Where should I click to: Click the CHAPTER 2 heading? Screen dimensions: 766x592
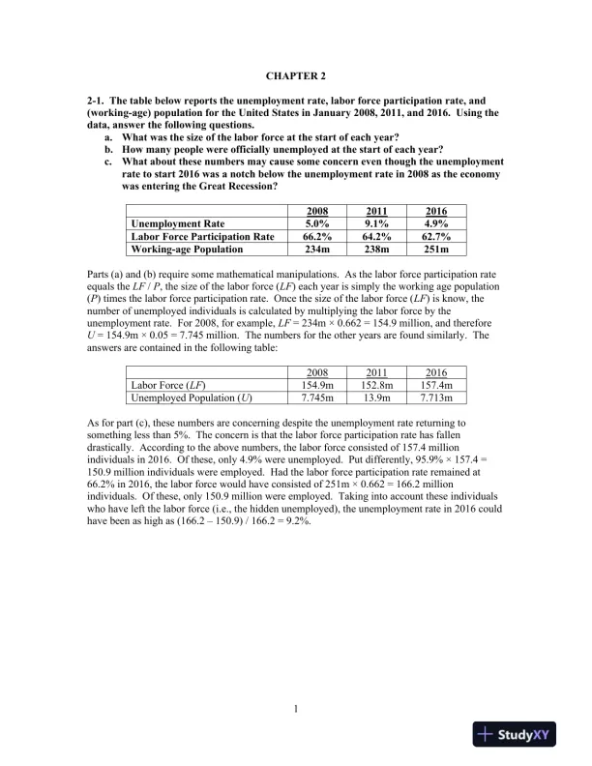coord(296,74)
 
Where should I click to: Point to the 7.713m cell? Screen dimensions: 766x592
coord(424,397)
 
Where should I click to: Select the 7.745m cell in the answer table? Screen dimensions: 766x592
coord(309,397)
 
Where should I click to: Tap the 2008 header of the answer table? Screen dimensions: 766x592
coord(309,371)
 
